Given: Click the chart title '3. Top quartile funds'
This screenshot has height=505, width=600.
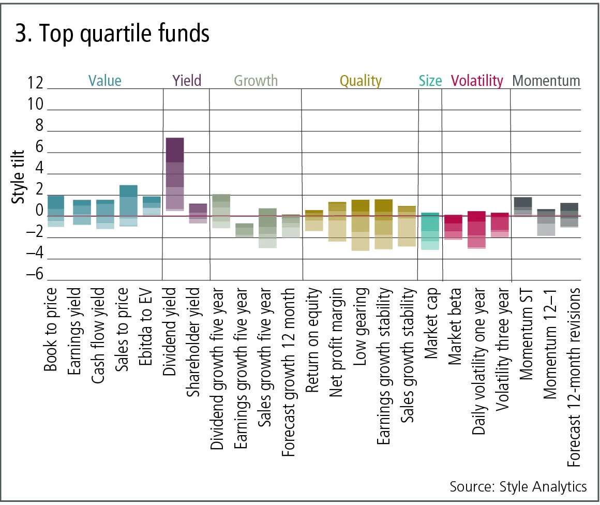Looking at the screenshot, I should click(x=111, y=34).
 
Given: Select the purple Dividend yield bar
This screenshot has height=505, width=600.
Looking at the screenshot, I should click(x=174, y=174).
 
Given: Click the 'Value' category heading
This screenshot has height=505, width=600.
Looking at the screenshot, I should click(x=104, y=81).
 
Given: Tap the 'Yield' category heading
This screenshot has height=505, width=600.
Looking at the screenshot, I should click(x=186, y=80).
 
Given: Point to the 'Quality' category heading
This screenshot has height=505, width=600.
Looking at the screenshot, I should click(x=361, y=81).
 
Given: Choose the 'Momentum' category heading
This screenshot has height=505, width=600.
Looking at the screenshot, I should click(x=546, y=81).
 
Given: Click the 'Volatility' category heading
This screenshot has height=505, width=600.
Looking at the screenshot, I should click(x=477, y=81).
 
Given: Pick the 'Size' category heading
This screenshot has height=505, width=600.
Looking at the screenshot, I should click(x=430, y=81).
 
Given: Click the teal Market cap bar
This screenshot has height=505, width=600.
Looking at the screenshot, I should click(x=430, y=231).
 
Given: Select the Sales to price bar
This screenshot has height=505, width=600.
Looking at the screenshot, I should click(x=128, y=205).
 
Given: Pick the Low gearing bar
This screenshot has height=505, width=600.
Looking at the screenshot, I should click(x=360, y=225).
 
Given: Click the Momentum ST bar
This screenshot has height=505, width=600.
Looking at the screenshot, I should click(x=522, y=206).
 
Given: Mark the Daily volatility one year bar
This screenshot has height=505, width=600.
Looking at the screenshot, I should click(x=476, y=230).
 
